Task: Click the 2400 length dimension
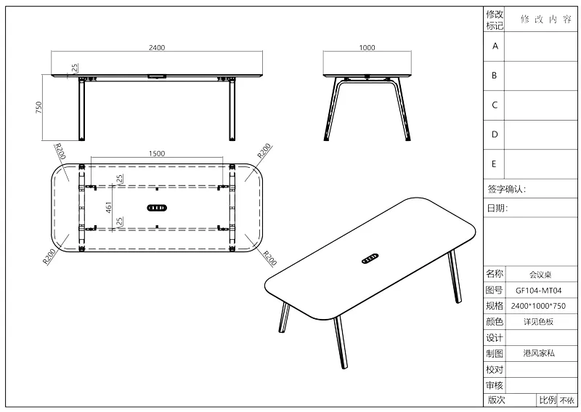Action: coord(157,47)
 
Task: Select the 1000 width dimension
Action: coord(367,47)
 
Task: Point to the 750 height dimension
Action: coord(38,108)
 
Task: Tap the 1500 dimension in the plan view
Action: coord(157,153)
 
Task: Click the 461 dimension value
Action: coord(108,207)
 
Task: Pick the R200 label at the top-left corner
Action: coord(60,151)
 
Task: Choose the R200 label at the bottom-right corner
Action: coord(269,258)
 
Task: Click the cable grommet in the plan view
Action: coord(157,208)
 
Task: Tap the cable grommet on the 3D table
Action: coord(370,259)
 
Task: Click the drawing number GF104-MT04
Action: coord(538,291)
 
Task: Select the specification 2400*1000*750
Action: coord(538,306)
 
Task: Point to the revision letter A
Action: coord(495,47)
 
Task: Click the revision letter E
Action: coord(494,164)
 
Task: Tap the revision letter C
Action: coord(495,105)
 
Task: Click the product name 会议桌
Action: coord(540,275)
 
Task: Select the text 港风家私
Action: coord(539,353)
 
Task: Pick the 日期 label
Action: coord(497,208)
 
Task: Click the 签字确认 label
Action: coord(506,189)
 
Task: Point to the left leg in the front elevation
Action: coord(81,110)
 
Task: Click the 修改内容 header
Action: coord(546,20)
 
